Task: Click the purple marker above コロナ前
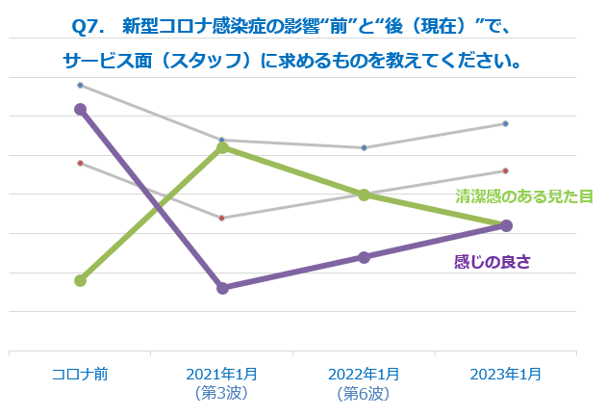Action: [80, 109]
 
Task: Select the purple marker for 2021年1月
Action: [222, 288]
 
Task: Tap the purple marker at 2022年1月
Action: [364, 257]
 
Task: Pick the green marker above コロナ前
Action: [80, 280]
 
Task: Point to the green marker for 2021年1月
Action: [222, 147]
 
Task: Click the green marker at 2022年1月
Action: [364, 195]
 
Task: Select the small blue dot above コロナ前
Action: [80, 85]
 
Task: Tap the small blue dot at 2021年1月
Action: [222, 140]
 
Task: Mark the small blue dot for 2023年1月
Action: [506, 123]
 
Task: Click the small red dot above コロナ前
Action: [80, 163]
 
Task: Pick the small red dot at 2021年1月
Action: [222, 218]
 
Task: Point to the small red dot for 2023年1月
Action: [506, 170]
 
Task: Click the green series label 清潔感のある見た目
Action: [523, 196]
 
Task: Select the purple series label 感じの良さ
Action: [492, 261]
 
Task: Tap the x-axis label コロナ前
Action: [80, 374]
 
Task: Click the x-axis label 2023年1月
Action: [506, 374]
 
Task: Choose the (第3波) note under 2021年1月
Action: [222, 393]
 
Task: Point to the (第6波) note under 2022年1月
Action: [364, 393]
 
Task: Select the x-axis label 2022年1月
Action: [364, 374]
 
